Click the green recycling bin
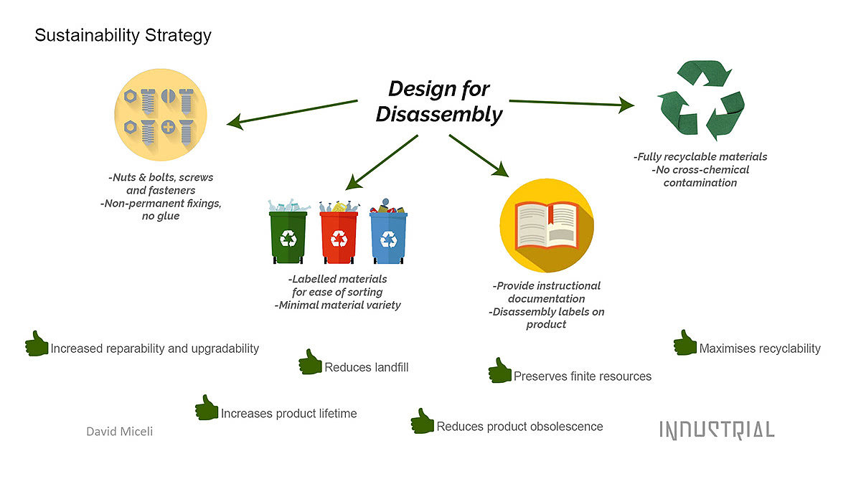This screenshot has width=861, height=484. tap(288, 237)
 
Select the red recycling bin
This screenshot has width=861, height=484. tap(338, 237)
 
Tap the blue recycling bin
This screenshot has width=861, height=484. tap(388, 237)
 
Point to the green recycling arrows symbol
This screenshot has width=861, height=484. tap(702, 100)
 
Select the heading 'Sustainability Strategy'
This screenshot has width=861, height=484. tap(123, 35)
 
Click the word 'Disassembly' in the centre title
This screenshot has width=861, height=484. tap(439, 114)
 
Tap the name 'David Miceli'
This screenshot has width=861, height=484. tap(119, 431)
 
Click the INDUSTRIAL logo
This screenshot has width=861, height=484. tap(717, 430)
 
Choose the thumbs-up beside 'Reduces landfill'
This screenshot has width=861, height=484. tap(310, 362)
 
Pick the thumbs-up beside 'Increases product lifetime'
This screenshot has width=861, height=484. tap(207, 408)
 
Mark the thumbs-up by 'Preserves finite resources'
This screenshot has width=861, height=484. tap(500, 371)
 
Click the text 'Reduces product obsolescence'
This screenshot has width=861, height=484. tap(519, 427)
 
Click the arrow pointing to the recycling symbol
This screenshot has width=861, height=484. tap(571, 104)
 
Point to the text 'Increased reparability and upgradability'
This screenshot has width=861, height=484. tap(154, 348)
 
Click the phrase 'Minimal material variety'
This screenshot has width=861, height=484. tap(337, 305)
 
